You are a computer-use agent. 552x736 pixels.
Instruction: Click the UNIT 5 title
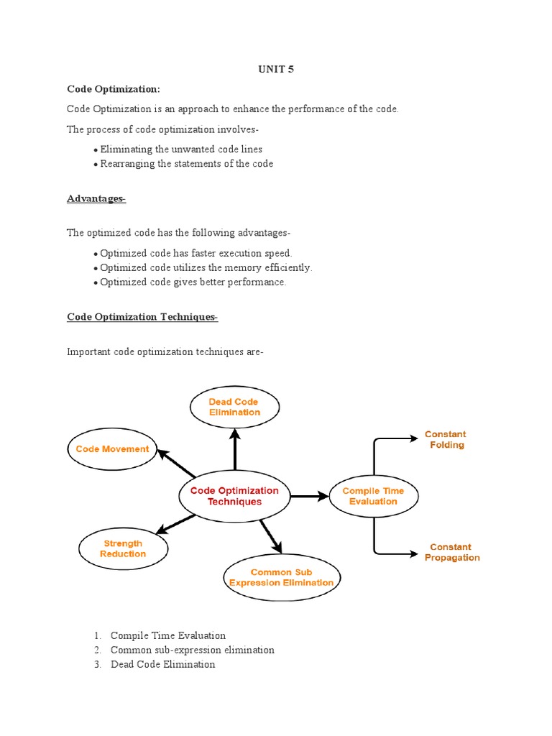276,70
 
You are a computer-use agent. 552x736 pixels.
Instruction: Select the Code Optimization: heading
114,88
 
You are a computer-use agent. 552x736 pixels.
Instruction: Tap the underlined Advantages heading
96,198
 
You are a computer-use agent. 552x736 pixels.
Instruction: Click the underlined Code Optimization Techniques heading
142,317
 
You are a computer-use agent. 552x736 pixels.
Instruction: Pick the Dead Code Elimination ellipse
234,408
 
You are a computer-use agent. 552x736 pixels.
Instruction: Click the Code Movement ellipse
112,449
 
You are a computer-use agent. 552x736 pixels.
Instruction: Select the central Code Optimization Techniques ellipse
234,496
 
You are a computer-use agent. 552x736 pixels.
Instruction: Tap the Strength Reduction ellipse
123,549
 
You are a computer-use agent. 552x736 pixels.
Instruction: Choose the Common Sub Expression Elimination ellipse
281,578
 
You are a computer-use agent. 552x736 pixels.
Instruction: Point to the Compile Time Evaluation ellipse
373,496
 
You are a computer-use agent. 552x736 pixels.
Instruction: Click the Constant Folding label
446,439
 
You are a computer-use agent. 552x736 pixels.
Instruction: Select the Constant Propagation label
451,552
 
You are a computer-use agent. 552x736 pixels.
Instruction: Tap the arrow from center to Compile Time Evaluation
309,496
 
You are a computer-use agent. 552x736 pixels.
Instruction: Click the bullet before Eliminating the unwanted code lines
96,150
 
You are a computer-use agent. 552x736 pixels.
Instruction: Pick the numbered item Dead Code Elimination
162,664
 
